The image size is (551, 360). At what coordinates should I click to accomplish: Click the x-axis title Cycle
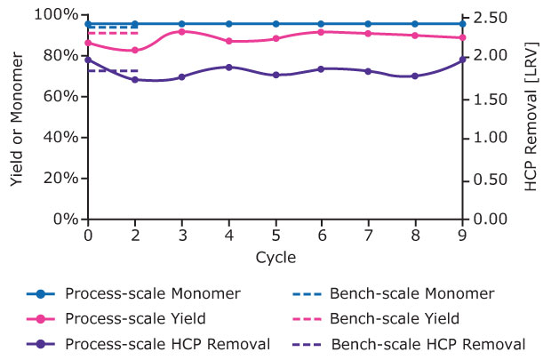coord(275,257)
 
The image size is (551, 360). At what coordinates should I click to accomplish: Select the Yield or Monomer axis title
coord(17,116)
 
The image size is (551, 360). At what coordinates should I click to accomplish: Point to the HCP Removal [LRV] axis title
coord(531,116)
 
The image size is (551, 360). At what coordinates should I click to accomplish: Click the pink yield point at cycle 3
coord(181,31)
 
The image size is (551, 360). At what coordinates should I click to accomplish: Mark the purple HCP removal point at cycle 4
coord(228,67)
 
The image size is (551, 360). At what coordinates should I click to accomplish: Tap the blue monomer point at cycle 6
coord(323,24)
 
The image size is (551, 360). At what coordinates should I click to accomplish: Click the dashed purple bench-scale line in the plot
coord(112,70)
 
